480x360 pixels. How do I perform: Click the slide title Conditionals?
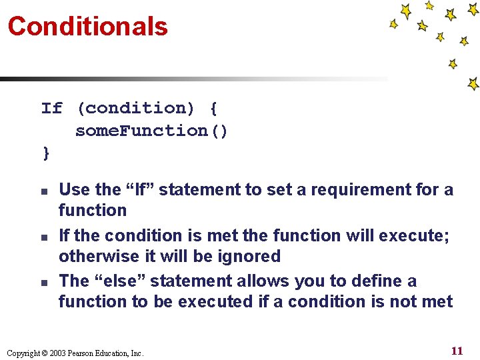(x=87, y=27)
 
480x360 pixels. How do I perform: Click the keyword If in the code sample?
(x=52, y=108)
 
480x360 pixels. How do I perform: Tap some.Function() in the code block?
(x=151, y=131)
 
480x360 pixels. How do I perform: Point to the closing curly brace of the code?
(x=46, y=153)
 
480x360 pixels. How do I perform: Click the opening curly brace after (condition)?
(x=213, y=108)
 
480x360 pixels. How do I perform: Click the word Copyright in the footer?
(x=24, y=353)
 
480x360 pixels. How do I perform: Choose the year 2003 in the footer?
(x=57, y=353)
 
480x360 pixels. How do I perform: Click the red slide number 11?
(x=457, y=351)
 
